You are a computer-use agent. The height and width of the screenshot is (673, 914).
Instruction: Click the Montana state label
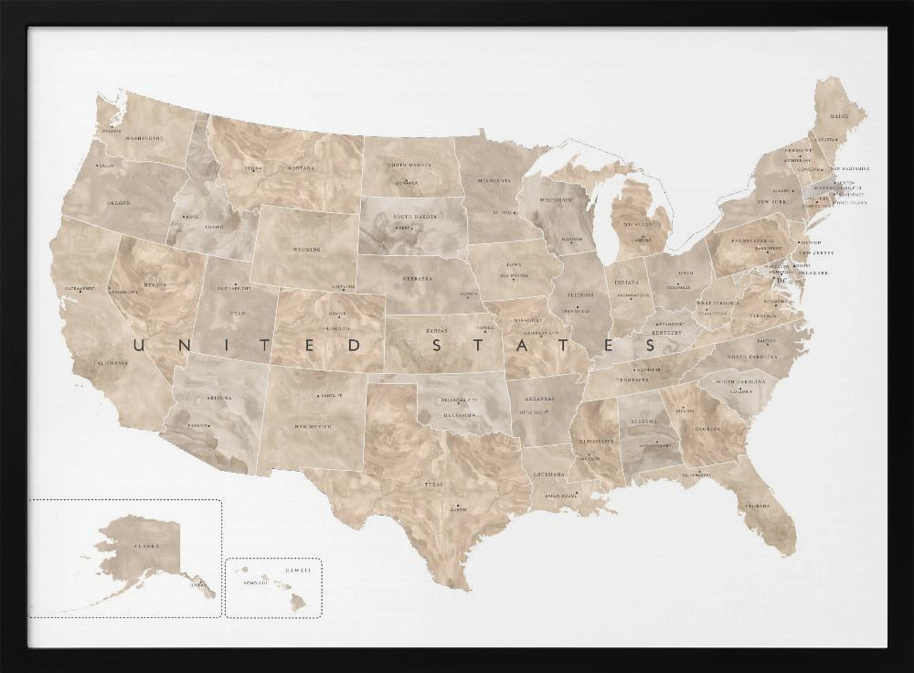coord(300,168)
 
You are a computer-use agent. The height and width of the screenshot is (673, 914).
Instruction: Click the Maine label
coord(838,116)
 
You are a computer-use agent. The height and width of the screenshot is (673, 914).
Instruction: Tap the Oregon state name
coord(119,203)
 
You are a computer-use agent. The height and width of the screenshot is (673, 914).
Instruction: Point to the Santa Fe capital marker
coord(315,395)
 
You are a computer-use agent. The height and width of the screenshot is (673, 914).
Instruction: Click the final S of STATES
coord(650,346)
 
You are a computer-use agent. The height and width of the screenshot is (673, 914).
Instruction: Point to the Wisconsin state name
coord(555,200)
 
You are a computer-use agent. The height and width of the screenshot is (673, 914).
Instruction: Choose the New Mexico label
coord(312,426)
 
